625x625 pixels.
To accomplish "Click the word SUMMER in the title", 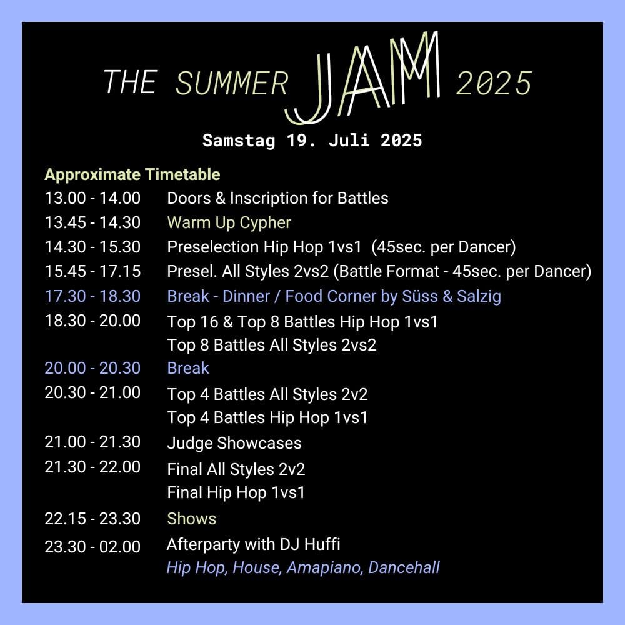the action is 232,83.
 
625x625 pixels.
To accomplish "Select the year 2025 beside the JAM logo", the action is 494,83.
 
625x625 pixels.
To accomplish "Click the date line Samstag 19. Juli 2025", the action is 312,140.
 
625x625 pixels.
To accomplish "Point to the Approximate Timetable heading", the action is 132,174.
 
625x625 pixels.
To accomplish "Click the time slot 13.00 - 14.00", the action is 92,198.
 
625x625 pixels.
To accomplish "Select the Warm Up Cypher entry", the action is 229,223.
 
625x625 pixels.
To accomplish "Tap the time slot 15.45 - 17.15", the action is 92,271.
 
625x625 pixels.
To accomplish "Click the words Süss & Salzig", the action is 452,296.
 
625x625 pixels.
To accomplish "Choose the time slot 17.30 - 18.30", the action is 92,296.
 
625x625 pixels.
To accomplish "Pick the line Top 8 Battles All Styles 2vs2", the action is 272,345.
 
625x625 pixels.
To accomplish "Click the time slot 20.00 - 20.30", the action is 92,368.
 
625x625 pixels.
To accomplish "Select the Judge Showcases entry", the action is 234,443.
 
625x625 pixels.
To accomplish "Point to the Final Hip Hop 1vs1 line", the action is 236,492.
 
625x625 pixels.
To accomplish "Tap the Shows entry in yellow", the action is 192,519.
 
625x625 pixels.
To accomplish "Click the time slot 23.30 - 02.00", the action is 92,546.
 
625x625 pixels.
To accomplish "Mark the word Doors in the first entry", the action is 189,198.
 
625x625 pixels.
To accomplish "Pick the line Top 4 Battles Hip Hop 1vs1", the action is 267,417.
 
